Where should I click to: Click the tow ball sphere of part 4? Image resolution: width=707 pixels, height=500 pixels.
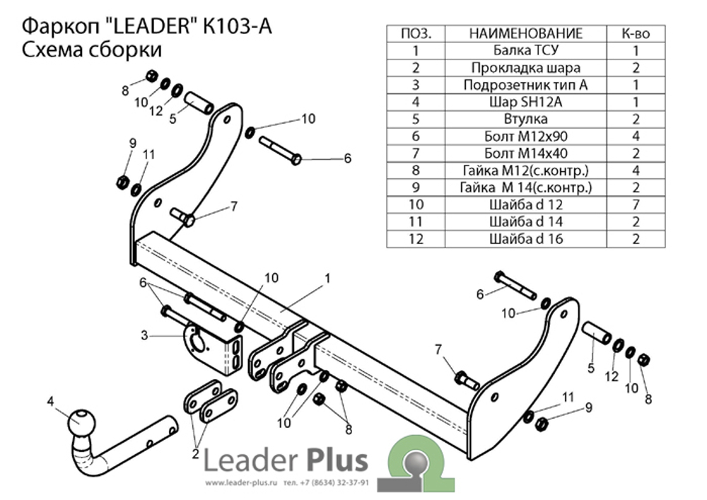(x=81, y=422)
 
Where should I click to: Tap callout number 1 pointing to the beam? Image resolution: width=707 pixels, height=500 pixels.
(x=327, y=279)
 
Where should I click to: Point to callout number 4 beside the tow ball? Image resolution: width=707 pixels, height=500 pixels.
(x=50, y=402)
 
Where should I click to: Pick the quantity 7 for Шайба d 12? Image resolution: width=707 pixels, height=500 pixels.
(x=636, y=204)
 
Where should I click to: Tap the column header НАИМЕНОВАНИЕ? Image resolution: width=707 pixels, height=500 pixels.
(x=525, y=33)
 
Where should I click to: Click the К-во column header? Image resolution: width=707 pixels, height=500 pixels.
(x=636, y=33)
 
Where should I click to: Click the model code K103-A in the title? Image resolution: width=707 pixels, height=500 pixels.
(x=237, y=25)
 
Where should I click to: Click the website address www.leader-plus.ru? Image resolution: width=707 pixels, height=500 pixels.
(x=243, y=484)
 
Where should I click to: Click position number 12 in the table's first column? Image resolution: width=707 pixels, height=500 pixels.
(x=416, y=239)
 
